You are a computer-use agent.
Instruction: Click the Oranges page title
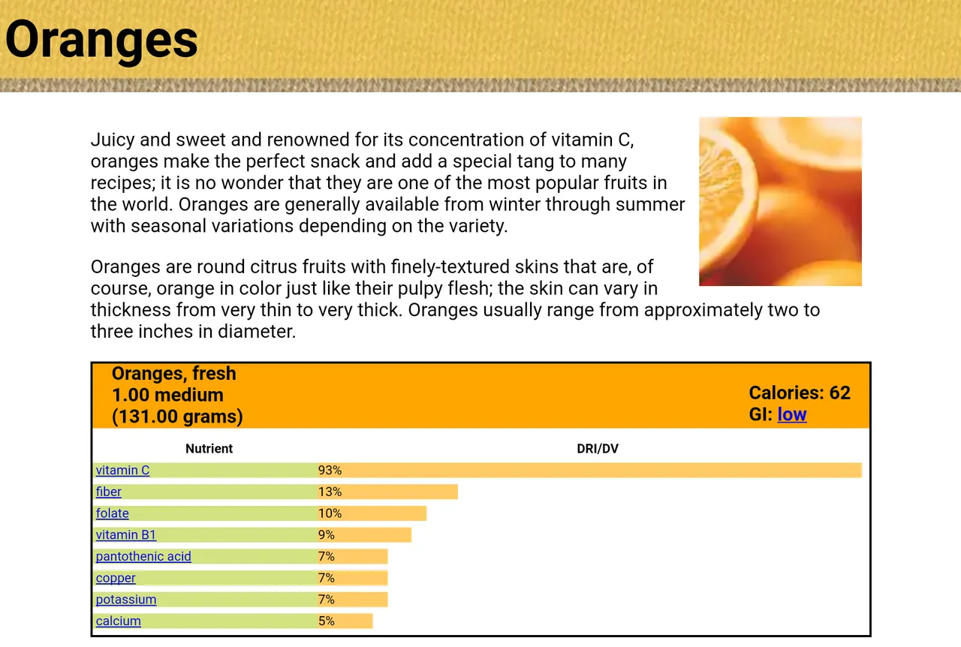coord(101,41)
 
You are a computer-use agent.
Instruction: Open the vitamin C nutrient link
coord(122,470)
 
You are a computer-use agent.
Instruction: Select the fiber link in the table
coord(109,492)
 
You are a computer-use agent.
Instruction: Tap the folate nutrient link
coord(113,513)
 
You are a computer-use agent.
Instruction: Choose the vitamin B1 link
coord(125,534)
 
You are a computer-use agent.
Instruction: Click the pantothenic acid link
coord(143,556)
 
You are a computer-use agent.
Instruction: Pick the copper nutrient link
coord(116,578)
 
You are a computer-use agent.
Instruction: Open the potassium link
coord(126,600)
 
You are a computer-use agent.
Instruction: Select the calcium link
coord(119,621)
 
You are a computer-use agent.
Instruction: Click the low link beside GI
coord(792,414)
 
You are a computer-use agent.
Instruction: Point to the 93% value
coord(330,470)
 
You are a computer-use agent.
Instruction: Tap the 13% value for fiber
coord(330,492)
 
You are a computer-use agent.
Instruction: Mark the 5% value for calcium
coord(326,621)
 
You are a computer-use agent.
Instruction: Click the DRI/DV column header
coord(598,449)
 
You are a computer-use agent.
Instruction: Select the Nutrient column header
coord(209,449)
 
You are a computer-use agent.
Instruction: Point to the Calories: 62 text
coord(800,393)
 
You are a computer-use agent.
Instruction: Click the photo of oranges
coord(780,201)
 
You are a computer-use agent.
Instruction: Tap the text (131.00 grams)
coord(177,417)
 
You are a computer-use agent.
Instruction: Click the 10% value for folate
coord(330,513)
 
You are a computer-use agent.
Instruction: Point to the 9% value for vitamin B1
coord(326,534)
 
